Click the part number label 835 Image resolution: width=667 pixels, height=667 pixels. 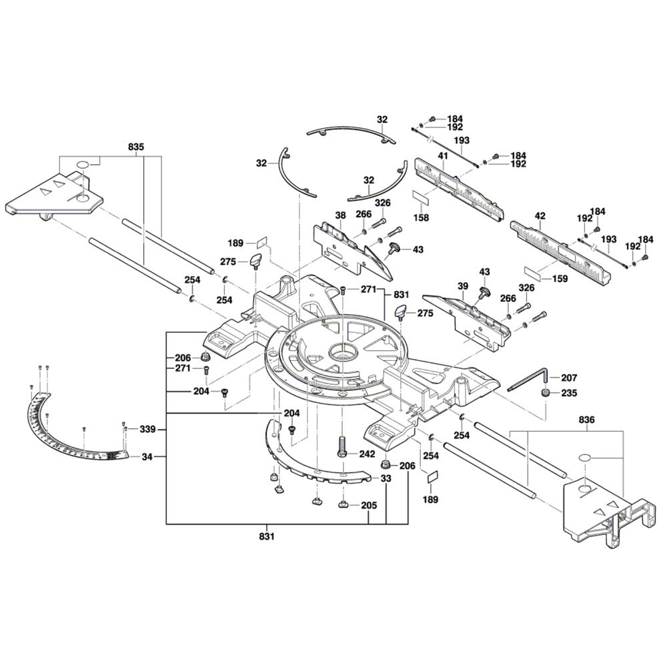coord(136,146)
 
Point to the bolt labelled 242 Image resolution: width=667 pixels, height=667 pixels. coord(342,446)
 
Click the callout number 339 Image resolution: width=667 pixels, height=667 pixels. coord(147,430)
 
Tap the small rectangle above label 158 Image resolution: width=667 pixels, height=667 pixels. coord(421,198)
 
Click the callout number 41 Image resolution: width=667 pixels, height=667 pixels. coord(442,155)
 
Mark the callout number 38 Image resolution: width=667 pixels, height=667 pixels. coord(341,215)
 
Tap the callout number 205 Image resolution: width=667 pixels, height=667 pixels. coord(368,505)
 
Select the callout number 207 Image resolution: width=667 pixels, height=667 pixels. coord(569,377)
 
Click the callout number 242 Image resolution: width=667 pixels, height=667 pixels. coord(368,453)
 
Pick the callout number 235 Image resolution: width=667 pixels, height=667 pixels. coord(569,394)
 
